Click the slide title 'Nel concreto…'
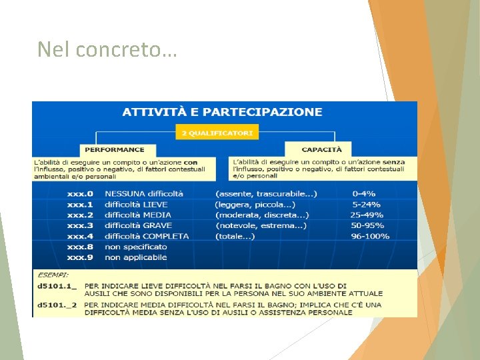pos(107,49)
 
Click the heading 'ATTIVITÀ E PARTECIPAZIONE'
pos(222,112)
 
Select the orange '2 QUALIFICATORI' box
pos(217,133)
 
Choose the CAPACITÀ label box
pos(321,150)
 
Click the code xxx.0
pos(80,193)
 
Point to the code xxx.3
pos(80,225)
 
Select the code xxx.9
pos(80,257)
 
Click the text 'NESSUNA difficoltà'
pos(144,193)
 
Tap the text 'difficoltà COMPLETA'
pos(147,236)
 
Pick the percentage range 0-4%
pos(364,193)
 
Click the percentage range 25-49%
pos(367,215)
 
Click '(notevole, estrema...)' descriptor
pos(261,225)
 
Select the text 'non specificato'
pos(136,247)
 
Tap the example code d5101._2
pos(57,304)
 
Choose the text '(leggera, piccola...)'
pos(255,204)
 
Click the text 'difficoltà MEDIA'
pos(138,215)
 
